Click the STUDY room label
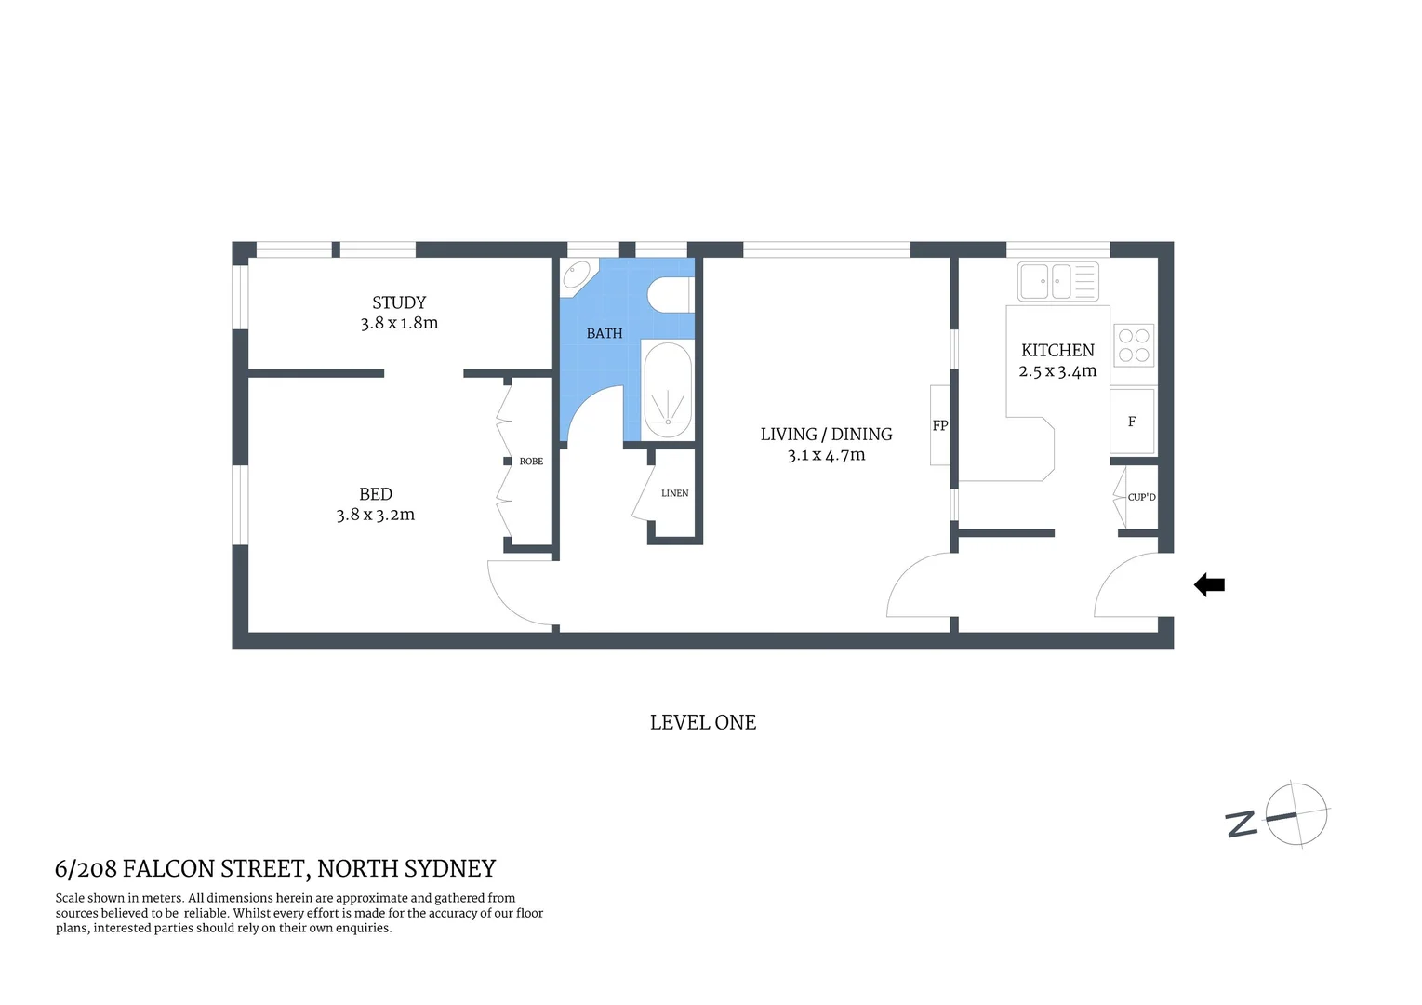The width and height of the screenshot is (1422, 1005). pyautogui.click(x=399, y=302)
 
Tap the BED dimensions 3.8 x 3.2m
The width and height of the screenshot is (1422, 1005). pyautogui.click(x=375, y=515)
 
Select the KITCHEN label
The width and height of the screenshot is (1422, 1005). pyautogui.click(x=1057, y=350)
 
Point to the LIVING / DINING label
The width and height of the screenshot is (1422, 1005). pyautogui.click(x=826, y=434)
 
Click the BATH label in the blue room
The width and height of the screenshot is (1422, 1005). pyautogui.click(x=604, y=333)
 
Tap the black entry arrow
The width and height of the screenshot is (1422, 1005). pyautogui.click(x=1209, y=585)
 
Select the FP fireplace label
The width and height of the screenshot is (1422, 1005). pyautogui.click(x=940, y=425)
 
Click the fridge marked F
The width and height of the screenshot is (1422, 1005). pyautogui.click(x=1132, y=422)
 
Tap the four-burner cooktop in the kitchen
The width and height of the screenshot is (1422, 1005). pyautogui.click(x=1134, y=345)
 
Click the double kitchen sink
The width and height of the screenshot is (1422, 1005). pyautogui.click(x=1057, y=281)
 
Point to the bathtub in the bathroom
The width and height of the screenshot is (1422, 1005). pyautogui.click(x=668, y=391)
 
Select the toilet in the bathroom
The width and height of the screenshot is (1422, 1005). pyautogui.click(x=669, y=295)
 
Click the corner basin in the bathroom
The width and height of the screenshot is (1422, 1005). pyautogui.click(x=576, y=275)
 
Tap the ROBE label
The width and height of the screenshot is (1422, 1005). pyautogui.click(x=531, y=462)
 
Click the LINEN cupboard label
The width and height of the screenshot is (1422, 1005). pyautogui.click(x=674, y=493)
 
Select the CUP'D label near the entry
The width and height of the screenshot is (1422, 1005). pyautogui.click(x=1141, y=497)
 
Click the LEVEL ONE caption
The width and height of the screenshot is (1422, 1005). pyautogui.click(x=702, y=722)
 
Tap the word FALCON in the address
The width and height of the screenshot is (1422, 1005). pyautogui.click(x=168, y=869)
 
